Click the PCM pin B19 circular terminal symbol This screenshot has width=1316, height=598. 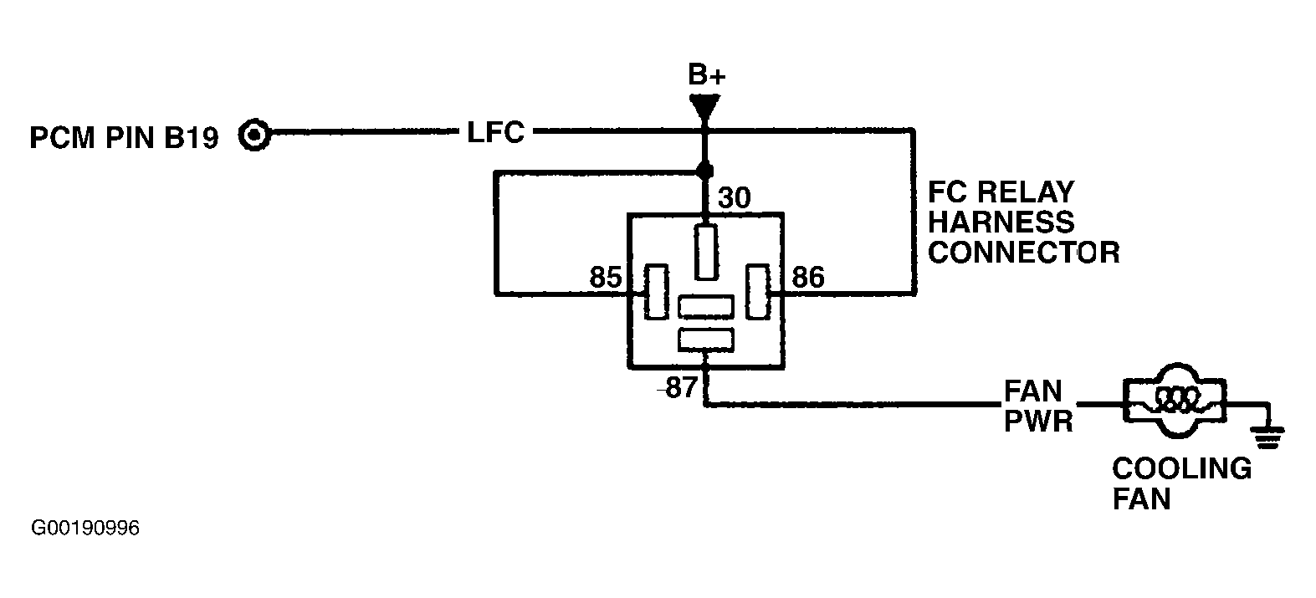tap(254, 135)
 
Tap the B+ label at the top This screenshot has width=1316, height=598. tap(707, 74)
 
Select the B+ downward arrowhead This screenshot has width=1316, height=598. tap(705, 109)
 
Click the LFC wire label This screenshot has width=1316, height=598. tap(495, 132)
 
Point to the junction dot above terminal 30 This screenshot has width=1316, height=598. tap(704, 171)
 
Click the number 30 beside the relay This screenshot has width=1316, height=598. tap(735, 198)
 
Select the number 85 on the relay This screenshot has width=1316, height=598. tap(606, 278)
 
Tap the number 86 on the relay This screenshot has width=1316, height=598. tap(808, 278)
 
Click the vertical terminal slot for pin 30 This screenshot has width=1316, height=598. tap(706, 252)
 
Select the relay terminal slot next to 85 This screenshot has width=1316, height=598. tap(656, 292)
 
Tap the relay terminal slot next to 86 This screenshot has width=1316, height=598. tap(758, 292)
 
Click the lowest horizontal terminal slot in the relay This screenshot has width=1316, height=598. tap(706, 340)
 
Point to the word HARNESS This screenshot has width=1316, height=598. tap(1001, 222)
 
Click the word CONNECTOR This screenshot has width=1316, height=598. tap(1024, 253)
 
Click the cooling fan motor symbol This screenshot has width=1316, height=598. tap(1175, 401)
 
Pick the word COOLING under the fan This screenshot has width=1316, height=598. tap(1182, 468)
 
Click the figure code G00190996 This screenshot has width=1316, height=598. tap(85, 528)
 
